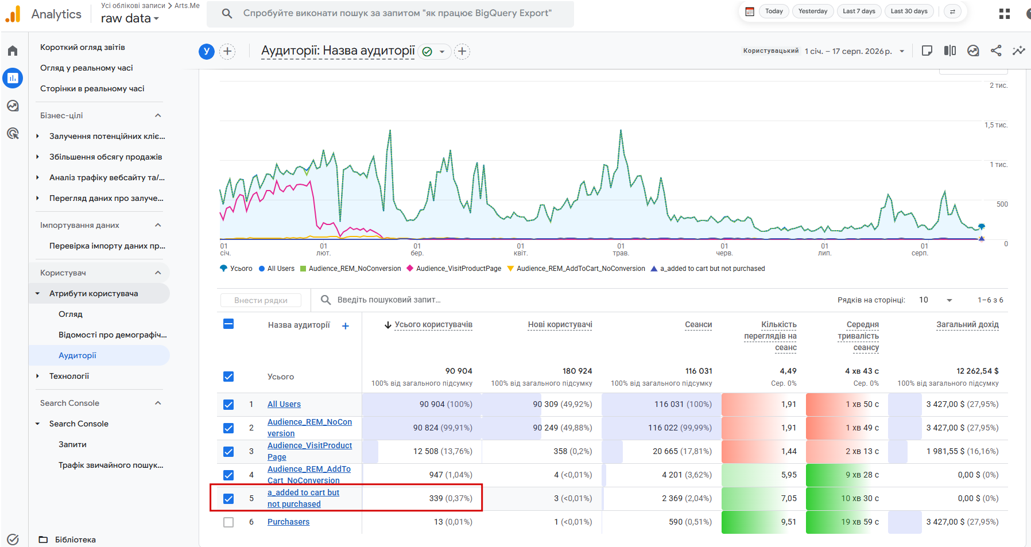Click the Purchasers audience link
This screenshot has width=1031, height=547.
(288, 522)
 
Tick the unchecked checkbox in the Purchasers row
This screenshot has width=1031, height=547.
(228, 522)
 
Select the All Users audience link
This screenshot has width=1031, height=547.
(284, 404)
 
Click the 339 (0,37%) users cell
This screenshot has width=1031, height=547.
(451, 498)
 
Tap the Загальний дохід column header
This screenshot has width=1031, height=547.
(967, 324)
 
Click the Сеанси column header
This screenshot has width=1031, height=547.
(698, 324)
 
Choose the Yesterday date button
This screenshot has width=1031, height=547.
(813, 11)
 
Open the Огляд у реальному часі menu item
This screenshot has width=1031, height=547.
(86, 68)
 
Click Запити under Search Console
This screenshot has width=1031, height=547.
(72, 444)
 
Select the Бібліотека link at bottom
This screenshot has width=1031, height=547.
(75, 540)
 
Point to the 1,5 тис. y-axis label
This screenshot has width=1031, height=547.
(996, 125)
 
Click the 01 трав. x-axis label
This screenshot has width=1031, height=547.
(621, 250)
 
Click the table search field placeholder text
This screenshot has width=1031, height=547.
(389, 300)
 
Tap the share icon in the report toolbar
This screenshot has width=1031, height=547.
(996, 51)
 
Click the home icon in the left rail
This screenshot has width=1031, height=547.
(13, 51)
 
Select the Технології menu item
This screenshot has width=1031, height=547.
(69, 376)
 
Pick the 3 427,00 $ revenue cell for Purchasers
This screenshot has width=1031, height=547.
(962, 522)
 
